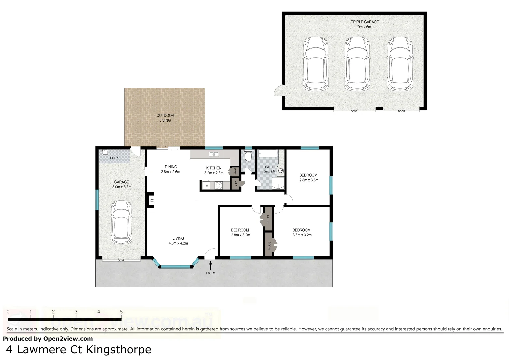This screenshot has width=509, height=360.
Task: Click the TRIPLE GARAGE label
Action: pyautogui.click(x=365, y=22)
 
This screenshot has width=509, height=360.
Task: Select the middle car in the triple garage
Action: pyautogui.click(x=357, y=63)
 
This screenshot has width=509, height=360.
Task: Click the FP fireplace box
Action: pyautogui.click(x=151, y=200)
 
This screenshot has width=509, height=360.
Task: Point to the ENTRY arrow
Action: pyautogui.click(x=210, y=265)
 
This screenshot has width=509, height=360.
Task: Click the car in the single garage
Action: pyautogui.click(x=121, y=222)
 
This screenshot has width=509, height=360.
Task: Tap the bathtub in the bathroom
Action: pyautogui.click(x=267, y=154)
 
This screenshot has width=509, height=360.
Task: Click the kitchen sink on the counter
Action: pyautogui.click(x=214, y=154)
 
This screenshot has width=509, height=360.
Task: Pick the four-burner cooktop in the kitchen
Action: pyautogui.click(x=219, y=185)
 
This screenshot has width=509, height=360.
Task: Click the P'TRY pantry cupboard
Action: pyautogui.click(x=234, y=172)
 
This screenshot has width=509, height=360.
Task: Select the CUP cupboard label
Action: pyautogui.click(x=236, y=184)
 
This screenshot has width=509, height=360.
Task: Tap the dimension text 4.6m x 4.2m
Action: pyautogui.click(x=178, y=243)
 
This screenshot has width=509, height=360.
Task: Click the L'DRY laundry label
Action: pyautogui.click(x=114, y=158)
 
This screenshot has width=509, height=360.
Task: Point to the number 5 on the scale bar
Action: pyautogui.click(x=121, y=312)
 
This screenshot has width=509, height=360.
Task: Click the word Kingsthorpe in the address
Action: pyautogui.click(x=119, y=350)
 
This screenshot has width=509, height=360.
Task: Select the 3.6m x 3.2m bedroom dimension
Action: pyautogui.click(x=302, y=235)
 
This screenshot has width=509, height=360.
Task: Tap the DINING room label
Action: pyautogui.click(x=171, y=167)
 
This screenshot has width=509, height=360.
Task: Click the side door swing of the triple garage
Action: pyautogui.click(x=278, y=90)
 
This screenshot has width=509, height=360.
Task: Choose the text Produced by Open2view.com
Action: pyautogui.click(x=48, y=339)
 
